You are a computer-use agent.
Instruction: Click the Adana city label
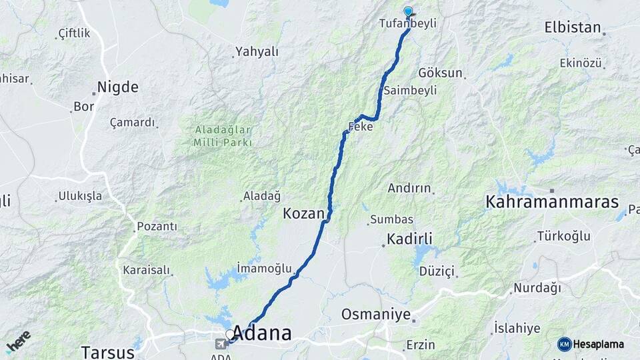[263, 333]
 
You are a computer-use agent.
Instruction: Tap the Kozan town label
[303, 213]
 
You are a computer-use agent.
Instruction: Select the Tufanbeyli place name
[407, 23]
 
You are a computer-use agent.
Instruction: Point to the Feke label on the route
[361, 127]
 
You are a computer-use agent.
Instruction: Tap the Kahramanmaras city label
[552, 202]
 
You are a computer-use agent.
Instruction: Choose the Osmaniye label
[375, 314]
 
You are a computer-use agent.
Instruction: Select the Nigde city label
[118, 87]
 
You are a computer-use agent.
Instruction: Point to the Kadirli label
[410, 239]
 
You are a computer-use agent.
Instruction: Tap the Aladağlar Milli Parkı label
[223, 136]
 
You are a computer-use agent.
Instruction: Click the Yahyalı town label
[257, 51]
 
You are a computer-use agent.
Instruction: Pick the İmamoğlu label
[265, 269]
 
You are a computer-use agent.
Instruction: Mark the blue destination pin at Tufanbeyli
[408, 11]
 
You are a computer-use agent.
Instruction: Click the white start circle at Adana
[230, 335]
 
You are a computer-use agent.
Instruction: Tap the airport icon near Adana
[221, 344]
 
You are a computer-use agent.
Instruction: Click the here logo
[18, 341]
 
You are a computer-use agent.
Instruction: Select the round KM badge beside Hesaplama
[564, 344]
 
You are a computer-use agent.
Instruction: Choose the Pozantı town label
[157, 227]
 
